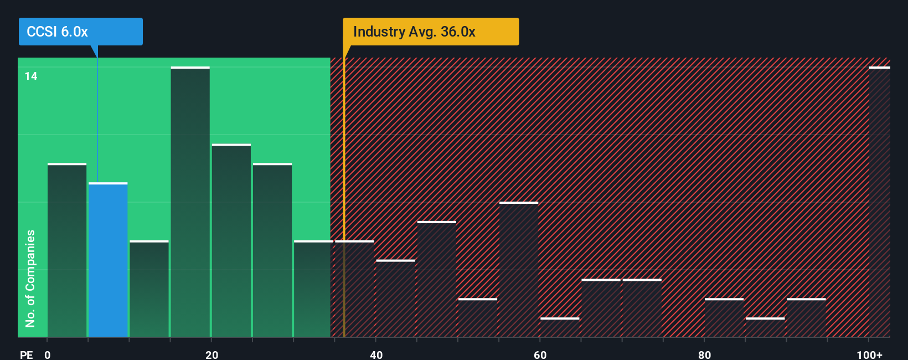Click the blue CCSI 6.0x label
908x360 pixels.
(80, 32)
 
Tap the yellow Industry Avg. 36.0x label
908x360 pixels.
(431, 32)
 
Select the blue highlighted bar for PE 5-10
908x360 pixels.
(108, 260)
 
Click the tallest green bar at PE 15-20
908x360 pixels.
(190, 202)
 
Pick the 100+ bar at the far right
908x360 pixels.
(879, 202)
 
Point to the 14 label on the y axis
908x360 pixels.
(31, 76)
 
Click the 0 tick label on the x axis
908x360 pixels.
(48, 354)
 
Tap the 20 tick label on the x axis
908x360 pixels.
(211, 354)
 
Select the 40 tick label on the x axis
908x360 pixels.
(376, 354)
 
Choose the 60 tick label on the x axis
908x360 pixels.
(540, 354)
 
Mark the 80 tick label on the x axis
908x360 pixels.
(704, 354)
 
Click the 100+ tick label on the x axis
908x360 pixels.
(869, 354)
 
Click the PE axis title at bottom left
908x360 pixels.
(26, 354)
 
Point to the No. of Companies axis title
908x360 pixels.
(30, 278)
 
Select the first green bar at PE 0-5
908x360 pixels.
(67, 250)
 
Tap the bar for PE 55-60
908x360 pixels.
(519, 270)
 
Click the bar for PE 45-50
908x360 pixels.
(437, 280)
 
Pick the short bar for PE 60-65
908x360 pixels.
(560, 327)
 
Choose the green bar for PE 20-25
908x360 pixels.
(231, 241)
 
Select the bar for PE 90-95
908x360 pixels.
(806, 318)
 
